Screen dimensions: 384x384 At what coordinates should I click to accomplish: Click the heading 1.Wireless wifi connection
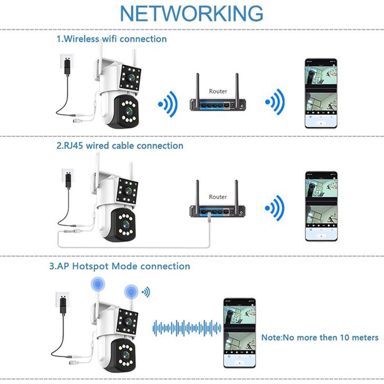tap(112, 39)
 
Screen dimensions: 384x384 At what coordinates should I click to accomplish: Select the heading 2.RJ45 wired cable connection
tap(120, 146)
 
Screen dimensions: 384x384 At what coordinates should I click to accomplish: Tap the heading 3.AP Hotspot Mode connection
tap(120, 266)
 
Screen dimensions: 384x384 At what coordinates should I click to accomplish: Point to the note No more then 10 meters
tap(320, 337)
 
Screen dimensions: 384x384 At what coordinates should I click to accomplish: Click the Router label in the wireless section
tap(218, 91)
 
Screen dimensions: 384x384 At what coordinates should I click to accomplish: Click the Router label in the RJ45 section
tap(218, 196)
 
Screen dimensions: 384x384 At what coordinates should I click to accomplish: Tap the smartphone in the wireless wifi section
tap(320, 93)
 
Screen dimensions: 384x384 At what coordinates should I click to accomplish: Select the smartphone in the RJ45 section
tap(321, 206)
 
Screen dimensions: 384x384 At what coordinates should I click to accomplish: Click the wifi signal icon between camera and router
tap(168, 105)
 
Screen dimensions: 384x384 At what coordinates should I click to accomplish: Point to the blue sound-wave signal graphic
tap(187, 328)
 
